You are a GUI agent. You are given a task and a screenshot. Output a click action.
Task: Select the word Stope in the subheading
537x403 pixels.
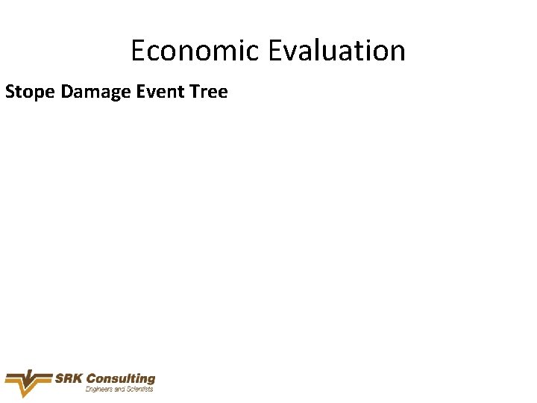click(x=31, y=92)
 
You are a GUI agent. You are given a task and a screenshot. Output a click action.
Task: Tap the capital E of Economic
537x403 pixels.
click(x=138, y=51)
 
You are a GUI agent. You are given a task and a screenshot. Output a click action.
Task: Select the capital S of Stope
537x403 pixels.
click(x=10, y=92)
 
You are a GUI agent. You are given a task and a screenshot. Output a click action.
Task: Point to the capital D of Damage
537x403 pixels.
click(x=66, y=92)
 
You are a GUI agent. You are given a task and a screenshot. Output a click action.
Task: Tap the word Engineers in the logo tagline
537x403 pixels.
click(x=99, y=389)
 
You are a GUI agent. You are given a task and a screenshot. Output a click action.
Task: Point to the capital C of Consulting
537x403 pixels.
click(x=92, y=379)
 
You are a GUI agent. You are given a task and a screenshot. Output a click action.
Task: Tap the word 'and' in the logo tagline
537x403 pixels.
click(x=119, y=389)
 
